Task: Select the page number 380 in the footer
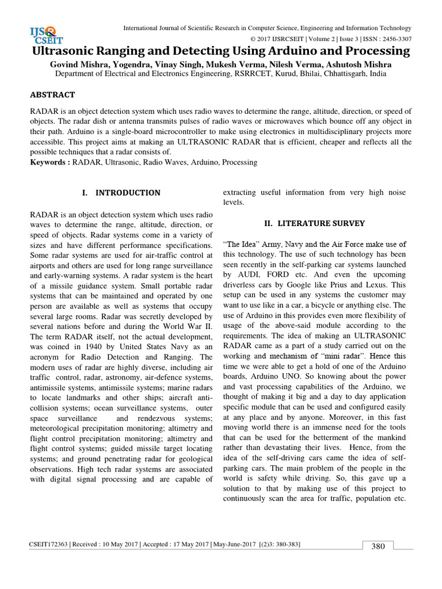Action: (x=378, y=546)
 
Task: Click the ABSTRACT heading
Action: (x=52, y=94)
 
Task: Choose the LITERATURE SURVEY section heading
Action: (x=314, y=223)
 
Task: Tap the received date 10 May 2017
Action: (x=117, y=544)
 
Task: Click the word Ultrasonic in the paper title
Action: (x=66, y=51)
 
